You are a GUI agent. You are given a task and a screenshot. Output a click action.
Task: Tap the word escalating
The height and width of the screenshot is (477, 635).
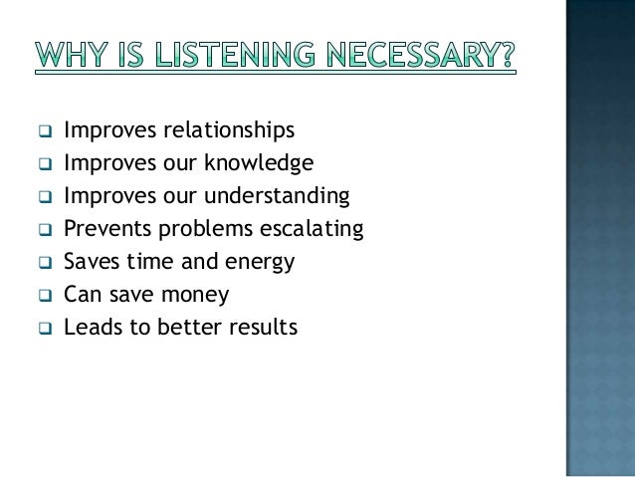[x=312, y=229]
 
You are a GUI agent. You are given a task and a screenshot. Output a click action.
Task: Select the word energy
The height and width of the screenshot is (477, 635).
[x=262, y=263]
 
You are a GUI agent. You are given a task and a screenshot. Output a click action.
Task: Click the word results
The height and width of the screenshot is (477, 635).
[x=263, y=328]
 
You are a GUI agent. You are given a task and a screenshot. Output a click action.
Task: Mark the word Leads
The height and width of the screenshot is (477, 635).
[x=90, y=328]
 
